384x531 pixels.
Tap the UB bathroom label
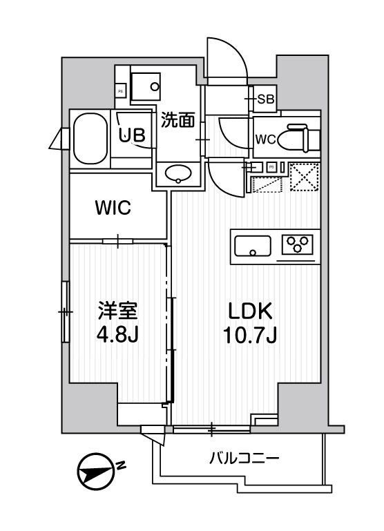tap(133, 135)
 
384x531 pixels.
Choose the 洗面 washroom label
tap(177, 120)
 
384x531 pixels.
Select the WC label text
tap(266, 139)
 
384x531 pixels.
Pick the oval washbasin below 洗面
tap(179, 173)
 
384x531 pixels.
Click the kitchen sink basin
tap(253, 245)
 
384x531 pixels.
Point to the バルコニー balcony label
tap(244, 458)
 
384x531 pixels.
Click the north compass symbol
tap(94, 474)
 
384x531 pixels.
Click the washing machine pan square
tap(146, 87)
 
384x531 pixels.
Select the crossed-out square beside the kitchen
tap(303, 176)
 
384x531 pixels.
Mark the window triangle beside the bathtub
tap(55, 139)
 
